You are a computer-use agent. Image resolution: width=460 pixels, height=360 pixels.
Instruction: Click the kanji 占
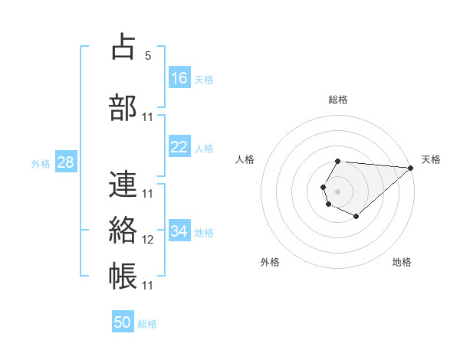click(x=124, y=47)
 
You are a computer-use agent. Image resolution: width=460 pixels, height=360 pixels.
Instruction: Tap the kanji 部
click(x=124, y=106)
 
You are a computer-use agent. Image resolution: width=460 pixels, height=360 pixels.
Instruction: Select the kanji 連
click(x=124, y=184)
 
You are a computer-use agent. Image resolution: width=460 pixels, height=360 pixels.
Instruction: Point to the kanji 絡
click(x=124, y=229)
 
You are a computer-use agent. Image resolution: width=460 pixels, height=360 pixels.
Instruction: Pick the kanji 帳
click(x=124, y=275)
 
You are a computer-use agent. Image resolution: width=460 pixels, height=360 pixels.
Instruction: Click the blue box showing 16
click(x=179, y=78)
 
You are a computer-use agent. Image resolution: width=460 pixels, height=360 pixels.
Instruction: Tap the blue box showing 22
click(x=179, y=147)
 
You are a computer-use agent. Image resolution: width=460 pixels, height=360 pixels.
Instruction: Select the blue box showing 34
click(x=179, y=231)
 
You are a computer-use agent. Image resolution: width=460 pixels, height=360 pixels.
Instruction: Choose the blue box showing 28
click(x=65, y=163)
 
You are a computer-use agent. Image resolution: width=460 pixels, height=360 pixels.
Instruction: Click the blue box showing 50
click(x=123, y=322)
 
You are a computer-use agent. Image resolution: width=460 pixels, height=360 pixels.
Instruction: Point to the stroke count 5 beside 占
click(x=148, y=56)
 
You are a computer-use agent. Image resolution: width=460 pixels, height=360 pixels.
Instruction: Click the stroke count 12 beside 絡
click(x=148, y=240)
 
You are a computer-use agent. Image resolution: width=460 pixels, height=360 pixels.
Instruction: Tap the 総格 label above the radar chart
click(x=338, y=100)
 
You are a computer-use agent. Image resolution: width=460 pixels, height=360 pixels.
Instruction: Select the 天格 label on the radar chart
click(x=431, y=159)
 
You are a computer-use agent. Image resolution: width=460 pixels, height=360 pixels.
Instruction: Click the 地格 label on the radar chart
click(x=402, y=262)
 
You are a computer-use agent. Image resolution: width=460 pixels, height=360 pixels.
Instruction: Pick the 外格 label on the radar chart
click(x=270, y=262)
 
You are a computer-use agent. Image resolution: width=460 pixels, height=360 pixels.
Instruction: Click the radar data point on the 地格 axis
click(x=356, y=217)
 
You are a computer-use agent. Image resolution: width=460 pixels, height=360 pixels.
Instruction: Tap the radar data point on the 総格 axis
click(x=338, y=161)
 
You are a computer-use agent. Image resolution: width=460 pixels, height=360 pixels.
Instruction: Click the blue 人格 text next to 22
click(x=204, y=148)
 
